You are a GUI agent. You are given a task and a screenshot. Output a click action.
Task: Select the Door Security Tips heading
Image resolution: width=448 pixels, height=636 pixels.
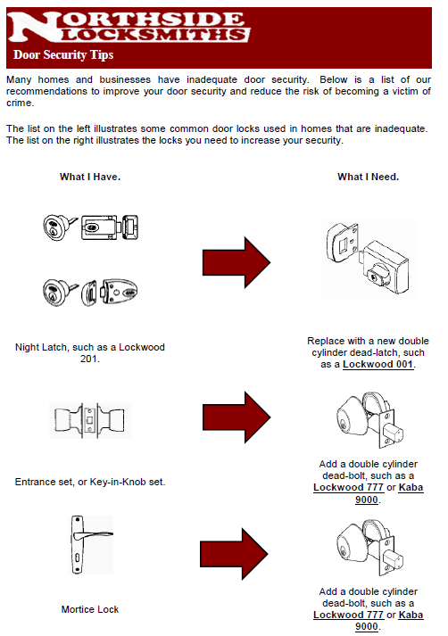[63, 55]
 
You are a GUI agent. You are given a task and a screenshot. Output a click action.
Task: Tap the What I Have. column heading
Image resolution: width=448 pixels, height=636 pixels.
[90, 177]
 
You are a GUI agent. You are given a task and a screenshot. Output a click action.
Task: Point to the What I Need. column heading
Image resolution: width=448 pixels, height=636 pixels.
[368, 177]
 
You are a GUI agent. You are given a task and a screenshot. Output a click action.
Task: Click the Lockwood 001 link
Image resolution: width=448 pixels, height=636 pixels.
[378, 364]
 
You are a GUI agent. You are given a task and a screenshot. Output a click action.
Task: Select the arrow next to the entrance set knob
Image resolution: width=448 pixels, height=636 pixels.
[236, 416]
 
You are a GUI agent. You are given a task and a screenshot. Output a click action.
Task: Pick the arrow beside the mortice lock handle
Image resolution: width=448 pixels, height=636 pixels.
[236, 547]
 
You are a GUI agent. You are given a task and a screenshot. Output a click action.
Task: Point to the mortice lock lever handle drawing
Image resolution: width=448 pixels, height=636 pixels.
[90, 544]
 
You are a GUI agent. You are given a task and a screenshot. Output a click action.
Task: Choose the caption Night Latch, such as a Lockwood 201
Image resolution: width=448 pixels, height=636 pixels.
[90, 352]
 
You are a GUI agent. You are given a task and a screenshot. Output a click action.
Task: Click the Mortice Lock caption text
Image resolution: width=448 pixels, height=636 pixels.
[90, 609]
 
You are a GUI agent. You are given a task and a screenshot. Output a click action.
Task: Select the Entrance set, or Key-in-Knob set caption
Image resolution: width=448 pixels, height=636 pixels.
[90, 482]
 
